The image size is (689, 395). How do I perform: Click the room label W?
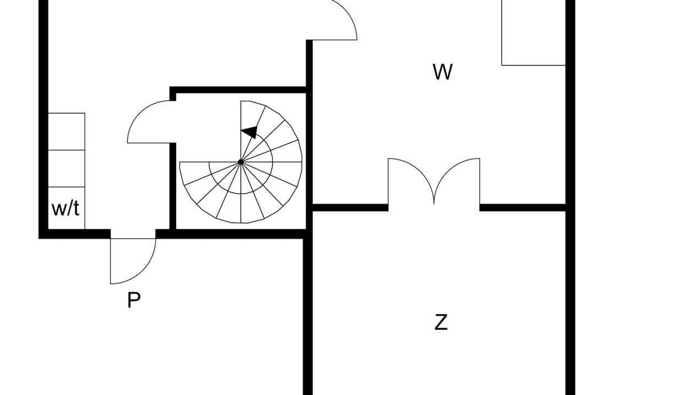tap(442, 72)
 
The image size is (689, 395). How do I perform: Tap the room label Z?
tap(441, 322)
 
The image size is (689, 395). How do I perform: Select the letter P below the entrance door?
tap(134, 300)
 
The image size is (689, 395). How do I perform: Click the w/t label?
tap(65, 208)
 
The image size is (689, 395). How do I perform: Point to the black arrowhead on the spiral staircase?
tap(250, 132)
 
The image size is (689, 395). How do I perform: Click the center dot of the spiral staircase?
tap(241, 162)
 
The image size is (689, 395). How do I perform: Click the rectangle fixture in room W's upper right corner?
tap(534, 32)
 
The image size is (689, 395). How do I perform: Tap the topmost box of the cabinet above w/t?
tap(66, 132)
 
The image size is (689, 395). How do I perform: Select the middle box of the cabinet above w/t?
tap(66, 168)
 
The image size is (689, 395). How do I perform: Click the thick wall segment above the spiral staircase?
tap(238, 90)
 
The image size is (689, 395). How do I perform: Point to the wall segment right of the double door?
tap(523, 207)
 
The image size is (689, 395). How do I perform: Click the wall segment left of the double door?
tap(350, 207)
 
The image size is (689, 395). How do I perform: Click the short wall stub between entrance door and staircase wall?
tap(163, 234)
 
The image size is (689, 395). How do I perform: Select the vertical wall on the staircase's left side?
tap(173, 186)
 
